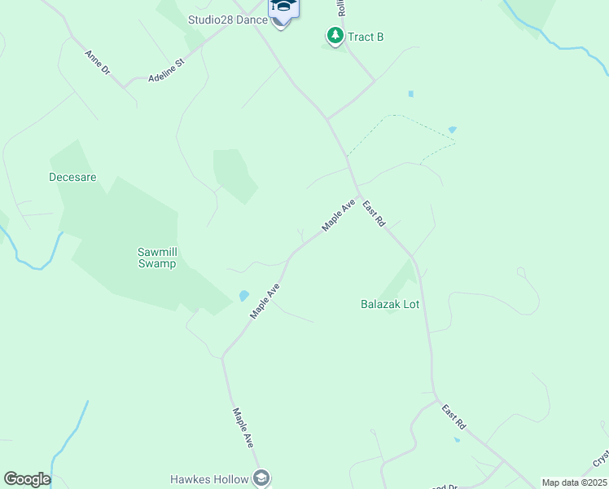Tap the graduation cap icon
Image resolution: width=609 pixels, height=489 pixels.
click(284, 7)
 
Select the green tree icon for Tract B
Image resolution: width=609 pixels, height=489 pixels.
click(335, 35)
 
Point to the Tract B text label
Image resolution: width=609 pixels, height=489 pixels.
click(366, 37)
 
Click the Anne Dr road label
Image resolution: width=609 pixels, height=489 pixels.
click(97, 63)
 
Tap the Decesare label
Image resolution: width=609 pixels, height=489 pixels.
click(72, 176)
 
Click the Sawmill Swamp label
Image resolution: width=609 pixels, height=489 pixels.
click(156, 258)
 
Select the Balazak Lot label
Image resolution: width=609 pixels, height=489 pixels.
click(389, 304)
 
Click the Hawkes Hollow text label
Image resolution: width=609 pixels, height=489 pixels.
click(210, 479)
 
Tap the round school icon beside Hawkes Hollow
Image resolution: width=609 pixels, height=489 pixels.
click(261, 478)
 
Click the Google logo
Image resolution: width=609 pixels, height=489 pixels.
click(27, 479)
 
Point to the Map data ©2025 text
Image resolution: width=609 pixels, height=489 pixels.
click(574, 482)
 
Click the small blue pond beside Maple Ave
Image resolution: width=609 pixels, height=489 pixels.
click(243, 295)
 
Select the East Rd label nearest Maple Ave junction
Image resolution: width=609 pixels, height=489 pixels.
click(374, 214)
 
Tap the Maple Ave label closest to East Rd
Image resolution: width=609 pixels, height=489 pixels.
click(338, 214)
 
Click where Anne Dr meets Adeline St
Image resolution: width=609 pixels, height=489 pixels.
click(124, 86)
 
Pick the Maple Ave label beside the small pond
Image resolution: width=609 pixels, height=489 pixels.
click(265, 301)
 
